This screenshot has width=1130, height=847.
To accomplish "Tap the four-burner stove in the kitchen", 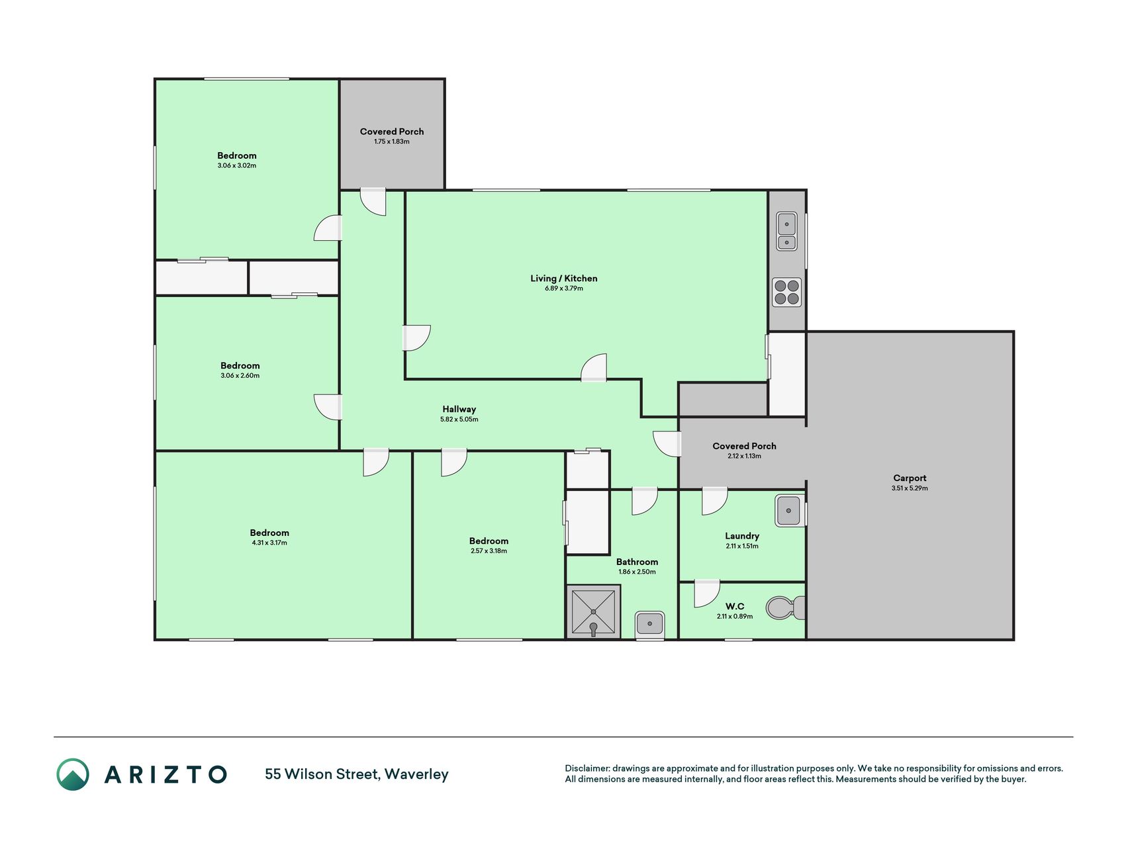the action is coord(786,292).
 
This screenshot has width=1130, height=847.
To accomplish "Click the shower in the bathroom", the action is coord(593,612).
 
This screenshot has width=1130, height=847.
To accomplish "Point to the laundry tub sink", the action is coord(789,511).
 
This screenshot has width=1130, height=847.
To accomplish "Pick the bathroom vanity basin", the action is coord(649,624).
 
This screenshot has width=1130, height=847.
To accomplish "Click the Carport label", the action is coord(910,478).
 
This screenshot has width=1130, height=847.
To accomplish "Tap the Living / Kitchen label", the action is coord(564,279).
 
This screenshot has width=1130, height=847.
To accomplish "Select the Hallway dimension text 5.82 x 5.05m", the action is coord(459,420).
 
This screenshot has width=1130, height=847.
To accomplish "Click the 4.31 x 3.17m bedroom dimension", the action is coord(269,543).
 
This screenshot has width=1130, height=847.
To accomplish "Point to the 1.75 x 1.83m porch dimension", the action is coord(392,142).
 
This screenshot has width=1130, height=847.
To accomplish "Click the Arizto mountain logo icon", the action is coord(73,774).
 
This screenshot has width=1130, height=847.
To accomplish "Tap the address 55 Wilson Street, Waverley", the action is coord(357,774).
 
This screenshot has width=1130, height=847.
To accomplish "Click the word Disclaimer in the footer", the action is coord(587,768).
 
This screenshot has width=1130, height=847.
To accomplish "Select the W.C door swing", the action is coord(706,594).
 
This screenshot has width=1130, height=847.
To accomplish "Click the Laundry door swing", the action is coord(714,501).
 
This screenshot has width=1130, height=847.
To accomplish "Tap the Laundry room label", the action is coord(742,536).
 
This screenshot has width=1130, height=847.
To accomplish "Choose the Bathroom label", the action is coord(637,562).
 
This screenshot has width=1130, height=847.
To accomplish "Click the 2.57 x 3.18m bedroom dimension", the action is coord(489,551).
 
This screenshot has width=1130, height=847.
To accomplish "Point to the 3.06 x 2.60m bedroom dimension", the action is coord(240,376).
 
